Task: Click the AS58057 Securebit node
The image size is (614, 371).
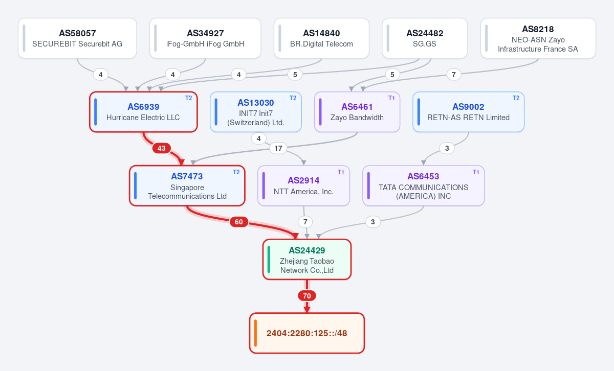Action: (x=77, y=38)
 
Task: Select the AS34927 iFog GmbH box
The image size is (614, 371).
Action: (x=205, y=38)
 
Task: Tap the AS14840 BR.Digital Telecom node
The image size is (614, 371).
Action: (x=321, y=38)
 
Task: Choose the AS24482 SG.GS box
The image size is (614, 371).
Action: (x=425, y=38)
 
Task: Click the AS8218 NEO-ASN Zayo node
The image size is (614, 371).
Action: (x=538, y=38)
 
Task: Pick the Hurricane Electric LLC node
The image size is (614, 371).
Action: (x=143, y=112)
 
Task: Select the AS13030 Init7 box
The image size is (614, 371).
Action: (x=256, y=112)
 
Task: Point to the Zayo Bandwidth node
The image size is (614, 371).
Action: (x=357, y=112)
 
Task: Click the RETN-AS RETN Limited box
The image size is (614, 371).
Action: (x=469, y=112)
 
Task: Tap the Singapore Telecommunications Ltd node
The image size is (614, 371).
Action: (x=187, y=185)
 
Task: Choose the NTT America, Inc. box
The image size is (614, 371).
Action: (x=304, y=185)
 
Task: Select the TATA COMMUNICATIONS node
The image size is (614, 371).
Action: (x=424, y=185)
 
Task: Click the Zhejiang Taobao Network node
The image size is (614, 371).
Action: (x=307, y=259)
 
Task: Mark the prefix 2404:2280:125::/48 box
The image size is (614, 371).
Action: (x=307, y=333)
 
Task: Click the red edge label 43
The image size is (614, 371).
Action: (x=162, y=148)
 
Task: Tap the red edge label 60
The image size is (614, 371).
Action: (x=239, y=222)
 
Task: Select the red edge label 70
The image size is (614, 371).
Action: (x=306, y=296)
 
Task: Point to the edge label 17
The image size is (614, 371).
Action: (x=278, y=148)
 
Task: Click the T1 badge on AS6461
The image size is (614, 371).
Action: (x=391, y=98)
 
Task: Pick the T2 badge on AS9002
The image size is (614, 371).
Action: (x=516, y=98)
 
